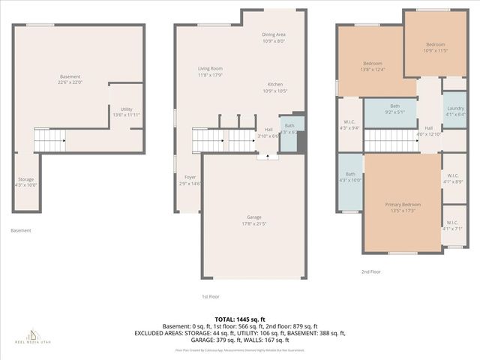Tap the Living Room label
tap(210, 71)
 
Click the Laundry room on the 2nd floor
tap(454, 111)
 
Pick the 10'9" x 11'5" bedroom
tap(436, 47)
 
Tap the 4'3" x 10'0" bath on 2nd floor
tap(350, 177)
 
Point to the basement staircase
tap(50, 139)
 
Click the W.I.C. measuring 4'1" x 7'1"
tap(452, 225)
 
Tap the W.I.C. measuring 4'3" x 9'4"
tap(349, 125)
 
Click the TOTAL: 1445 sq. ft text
tap(240, 319)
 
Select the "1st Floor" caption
tap(211, 296)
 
